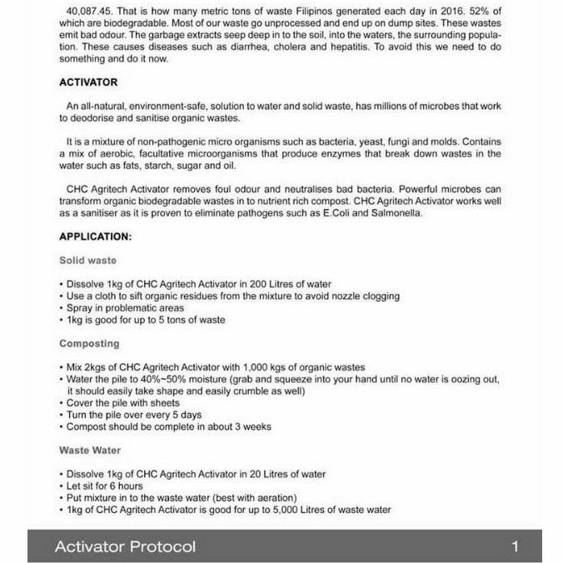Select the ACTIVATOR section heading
click(88, 82)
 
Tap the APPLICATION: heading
click(95, 237)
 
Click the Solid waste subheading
click(87, 260)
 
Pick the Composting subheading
click(89, 343)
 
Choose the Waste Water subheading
click(90, 450)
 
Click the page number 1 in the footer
click(516, 546)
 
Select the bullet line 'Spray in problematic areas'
click(126, 307)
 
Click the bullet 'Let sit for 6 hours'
click(105, 486)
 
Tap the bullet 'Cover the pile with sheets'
click(123, 403)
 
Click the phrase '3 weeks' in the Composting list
click(253, 426)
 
